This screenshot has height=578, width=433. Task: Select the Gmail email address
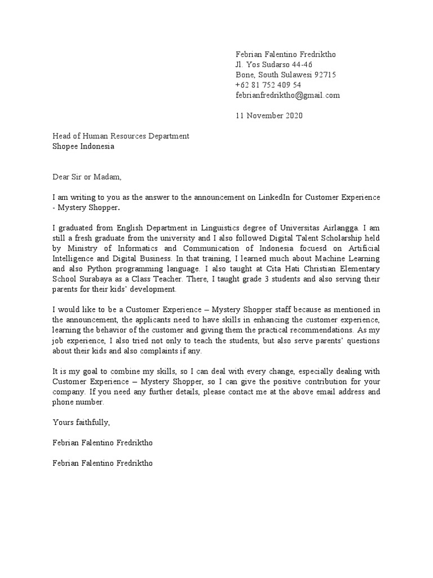(x=288, y=95)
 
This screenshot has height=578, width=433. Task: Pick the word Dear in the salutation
(x=61, y=177)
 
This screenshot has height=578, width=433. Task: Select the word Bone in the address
(x=245, y=75)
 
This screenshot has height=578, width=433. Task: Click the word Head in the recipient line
(x=62, y=136)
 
